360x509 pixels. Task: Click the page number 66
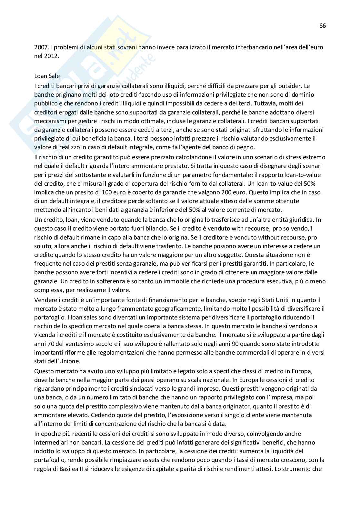[x=323, y=26]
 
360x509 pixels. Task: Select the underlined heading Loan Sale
[x=47, y=76]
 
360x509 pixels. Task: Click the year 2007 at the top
[x=40, y=47]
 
